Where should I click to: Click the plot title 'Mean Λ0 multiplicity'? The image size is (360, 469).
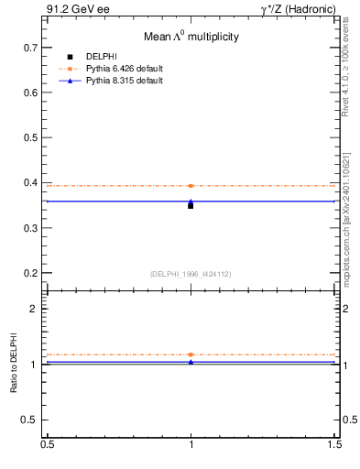point(191,37)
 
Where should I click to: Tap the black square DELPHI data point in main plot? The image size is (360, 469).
point(191,206)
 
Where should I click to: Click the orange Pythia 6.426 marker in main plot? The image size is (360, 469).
point(191,186)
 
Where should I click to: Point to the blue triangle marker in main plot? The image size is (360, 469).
point(191,201)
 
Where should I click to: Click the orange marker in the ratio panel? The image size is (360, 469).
point(191,354)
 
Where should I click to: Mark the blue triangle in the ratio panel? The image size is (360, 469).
point(191,362)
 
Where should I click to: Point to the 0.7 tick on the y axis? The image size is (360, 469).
point(31,47)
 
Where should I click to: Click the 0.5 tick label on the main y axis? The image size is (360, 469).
point(31,137)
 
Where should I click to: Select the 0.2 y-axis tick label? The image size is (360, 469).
point(31,273)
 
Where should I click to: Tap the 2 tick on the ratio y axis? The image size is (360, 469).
point(35,309)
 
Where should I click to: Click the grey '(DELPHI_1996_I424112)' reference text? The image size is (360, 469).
point(191,272)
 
